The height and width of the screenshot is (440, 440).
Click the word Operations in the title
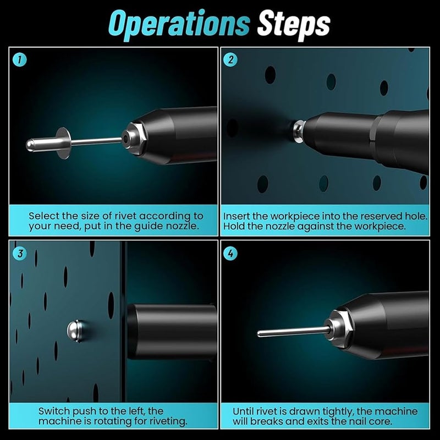click(179, 24)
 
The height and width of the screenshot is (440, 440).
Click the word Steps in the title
click(294, 24)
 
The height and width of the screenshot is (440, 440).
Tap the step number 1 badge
click(20, 59)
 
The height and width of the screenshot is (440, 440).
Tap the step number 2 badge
click(230, 59)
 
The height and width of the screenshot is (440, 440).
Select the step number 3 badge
click(20, 254)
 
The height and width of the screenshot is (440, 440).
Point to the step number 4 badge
click(230, 254)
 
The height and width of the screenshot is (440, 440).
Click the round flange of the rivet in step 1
click(64, 143)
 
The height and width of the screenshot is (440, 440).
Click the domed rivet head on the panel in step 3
click(75, 331)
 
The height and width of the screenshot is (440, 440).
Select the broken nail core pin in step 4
click(294, 332)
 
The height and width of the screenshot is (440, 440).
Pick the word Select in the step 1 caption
click(44, 216)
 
